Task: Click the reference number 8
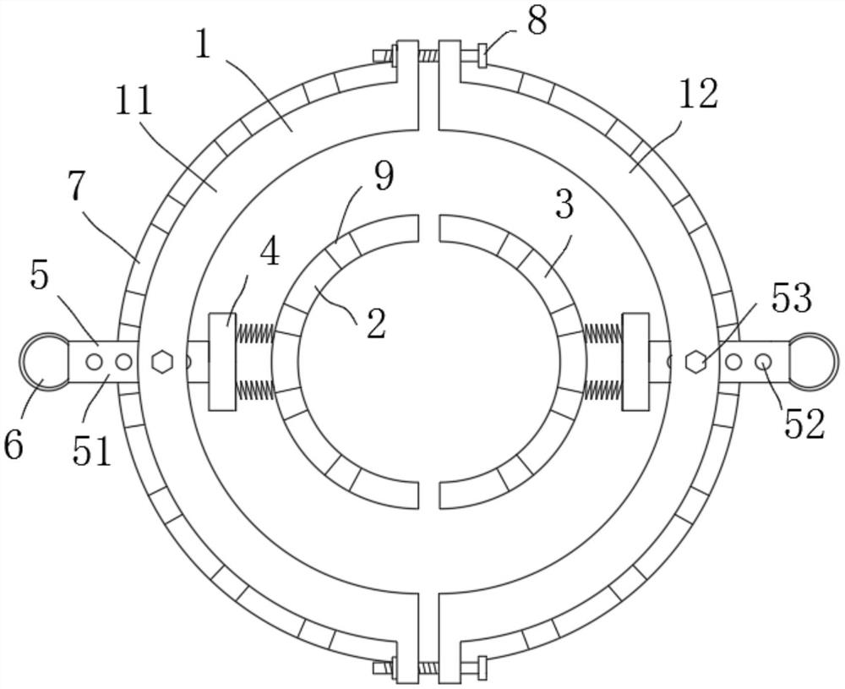click(x=536, y=20)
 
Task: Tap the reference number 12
click(x=697, y=96)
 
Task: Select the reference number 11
click(x=134, y=101)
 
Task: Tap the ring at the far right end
click(x=814, y=362)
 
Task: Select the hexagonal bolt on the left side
click(x=161, y=362)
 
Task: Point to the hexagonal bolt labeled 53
click(x=695, y=362)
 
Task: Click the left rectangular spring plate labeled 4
click(x=222, y=362)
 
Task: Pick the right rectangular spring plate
click(x=635, y=362)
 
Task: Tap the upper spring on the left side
click(x=254, y=334)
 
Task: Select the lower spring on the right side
click(x=602, y=390)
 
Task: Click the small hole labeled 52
click(x=763, y=362)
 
